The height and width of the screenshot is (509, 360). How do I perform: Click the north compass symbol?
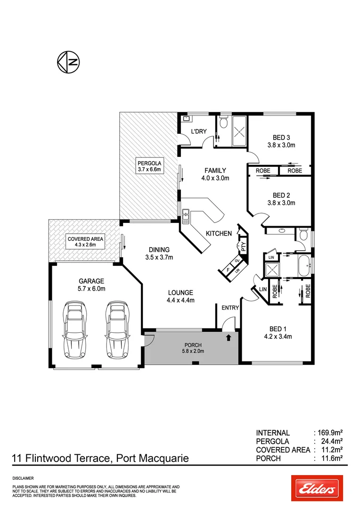point(68,62)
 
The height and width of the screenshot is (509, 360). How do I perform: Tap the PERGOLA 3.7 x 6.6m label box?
point(149,165)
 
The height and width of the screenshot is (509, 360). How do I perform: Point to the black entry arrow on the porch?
point(229,337)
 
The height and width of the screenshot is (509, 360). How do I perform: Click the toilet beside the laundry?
point(224,124)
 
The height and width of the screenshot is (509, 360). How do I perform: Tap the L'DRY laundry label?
point(198,131)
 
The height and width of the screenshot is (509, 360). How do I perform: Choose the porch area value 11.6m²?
point(331,458)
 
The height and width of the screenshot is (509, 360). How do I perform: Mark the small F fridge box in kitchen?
point(229,269)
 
